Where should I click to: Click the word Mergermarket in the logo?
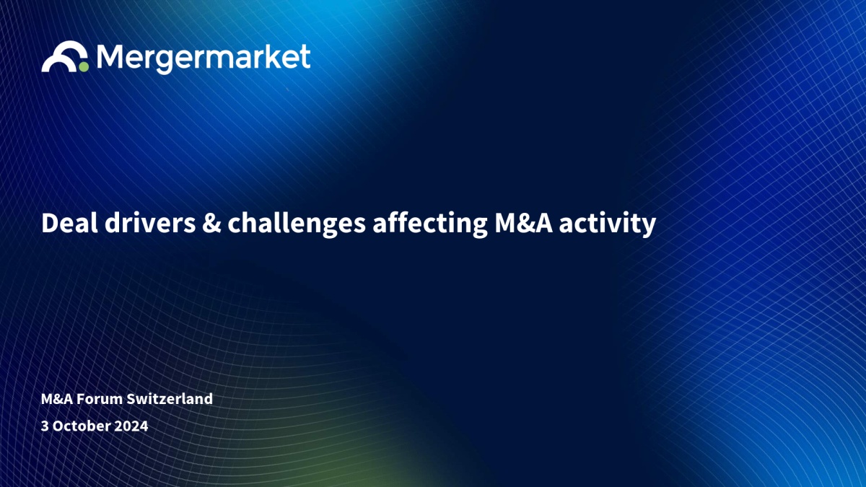pyautogui.click(x=204, y=58)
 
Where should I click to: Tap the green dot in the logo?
pyautogui.click(x=84, y=67)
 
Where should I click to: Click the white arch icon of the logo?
pyautogui.click(x=64, y=56)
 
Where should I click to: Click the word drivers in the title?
pyautogui.click(x=150, y=223)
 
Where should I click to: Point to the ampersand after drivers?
pyautogui.click(x=211, y=224)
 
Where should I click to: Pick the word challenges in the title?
pyautogui.click(x=297, y=224)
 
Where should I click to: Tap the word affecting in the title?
pyautogui.click(x=430, y=224)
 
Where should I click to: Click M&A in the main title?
pyautogui.click(x=524, y=223)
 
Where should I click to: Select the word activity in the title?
pyautogui.click(x=608, y=224)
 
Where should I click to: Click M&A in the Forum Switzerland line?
pyautogui.click(x=57, y=399)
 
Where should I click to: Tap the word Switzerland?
pyautogui.click(x=170, y=398)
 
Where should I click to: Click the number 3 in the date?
pyautogui.click(x=45, y=426)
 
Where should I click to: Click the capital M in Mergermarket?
pyautogui.click(x=110, y=56)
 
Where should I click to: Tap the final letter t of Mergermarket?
pyautogui.click(x=305, y=56)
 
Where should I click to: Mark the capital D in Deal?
pyautogui.click(x=51, y=223)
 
